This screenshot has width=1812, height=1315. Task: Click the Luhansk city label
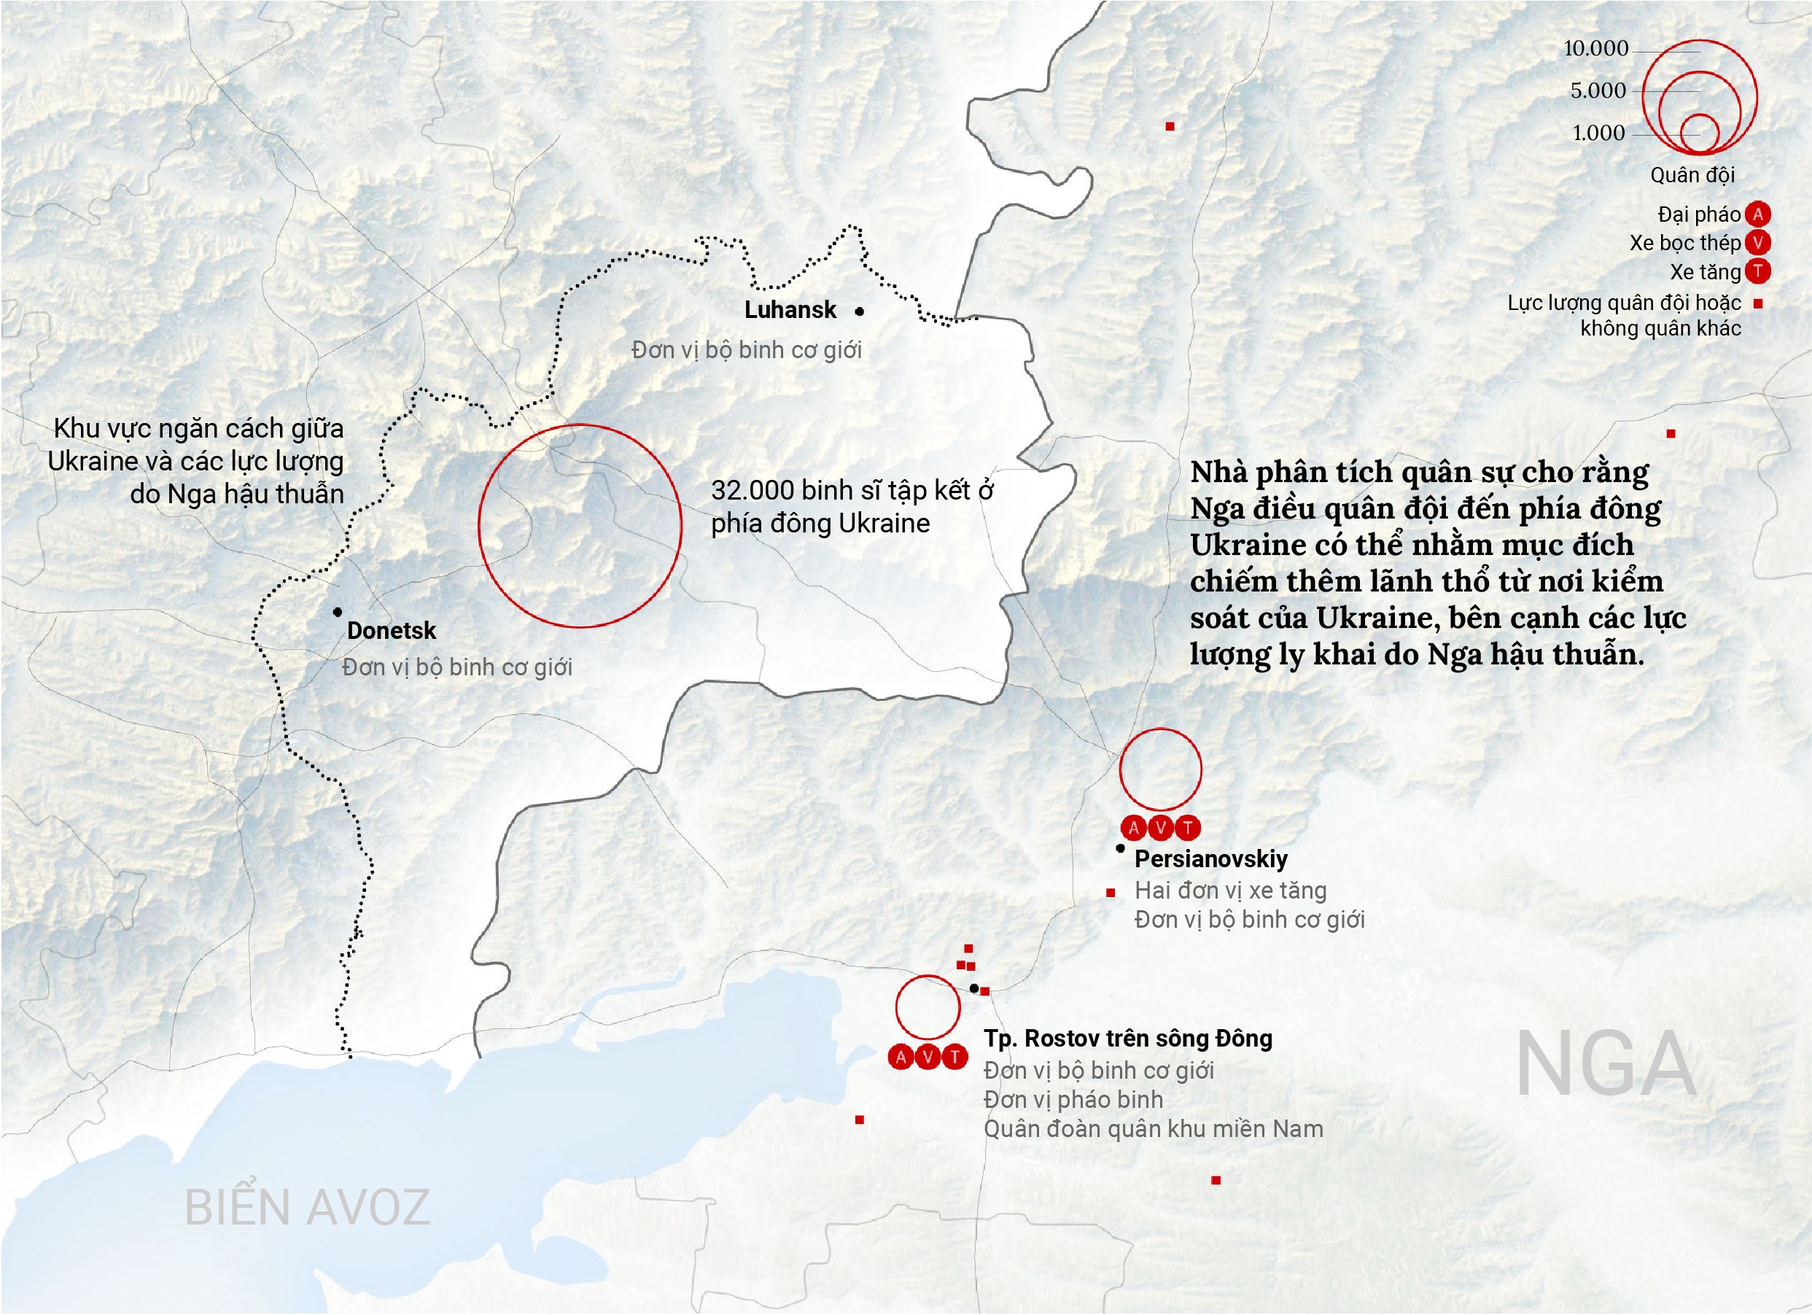[x=790, y=310]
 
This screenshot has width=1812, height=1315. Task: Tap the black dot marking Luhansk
[x=859, y=311]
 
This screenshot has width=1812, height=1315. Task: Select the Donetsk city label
[x=391, y=630]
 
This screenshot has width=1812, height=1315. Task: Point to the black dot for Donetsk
[x=338, y=612]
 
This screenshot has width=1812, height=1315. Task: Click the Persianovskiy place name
[x=1210, y=859]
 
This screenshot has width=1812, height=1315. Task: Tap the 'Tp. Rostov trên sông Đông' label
[x=1128, y=1039]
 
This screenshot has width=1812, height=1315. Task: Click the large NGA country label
[x=1606, y=1065]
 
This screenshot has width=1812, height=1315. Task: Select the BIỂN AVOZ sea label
[x=308, y=1207]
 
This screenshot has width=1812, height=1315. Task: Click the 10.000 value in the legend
[x=1595, y=49]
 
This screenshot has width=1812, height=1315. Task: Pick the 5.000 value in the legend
[x=1598, y=91]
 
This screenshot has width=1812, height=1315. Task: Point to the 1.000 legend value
[x=1598, y=133]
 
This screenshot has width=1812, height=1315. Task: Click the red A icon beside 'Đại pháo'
[x=1757, y=214]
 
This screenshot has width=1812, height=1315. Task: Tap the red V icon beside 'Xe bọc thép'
[x=1757, y=243]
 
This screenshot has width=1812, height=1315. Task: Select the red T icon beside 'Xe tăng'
[x=1757, y=271]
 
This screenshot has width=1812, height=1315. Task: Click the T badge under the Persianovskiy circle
[x=1188, y=829]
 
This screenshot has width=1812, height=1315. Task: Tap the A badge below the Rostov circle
[x=901, y=1058]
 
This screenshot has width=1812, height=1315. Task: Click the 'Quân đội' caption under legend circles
[x=1692, y=175]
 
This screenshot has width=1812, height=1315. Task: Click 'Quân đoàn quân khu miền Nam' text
[x=1153, y=1129]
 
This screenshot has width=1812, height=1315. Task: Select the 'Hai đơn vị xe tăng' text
[x=1230, y=890]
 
